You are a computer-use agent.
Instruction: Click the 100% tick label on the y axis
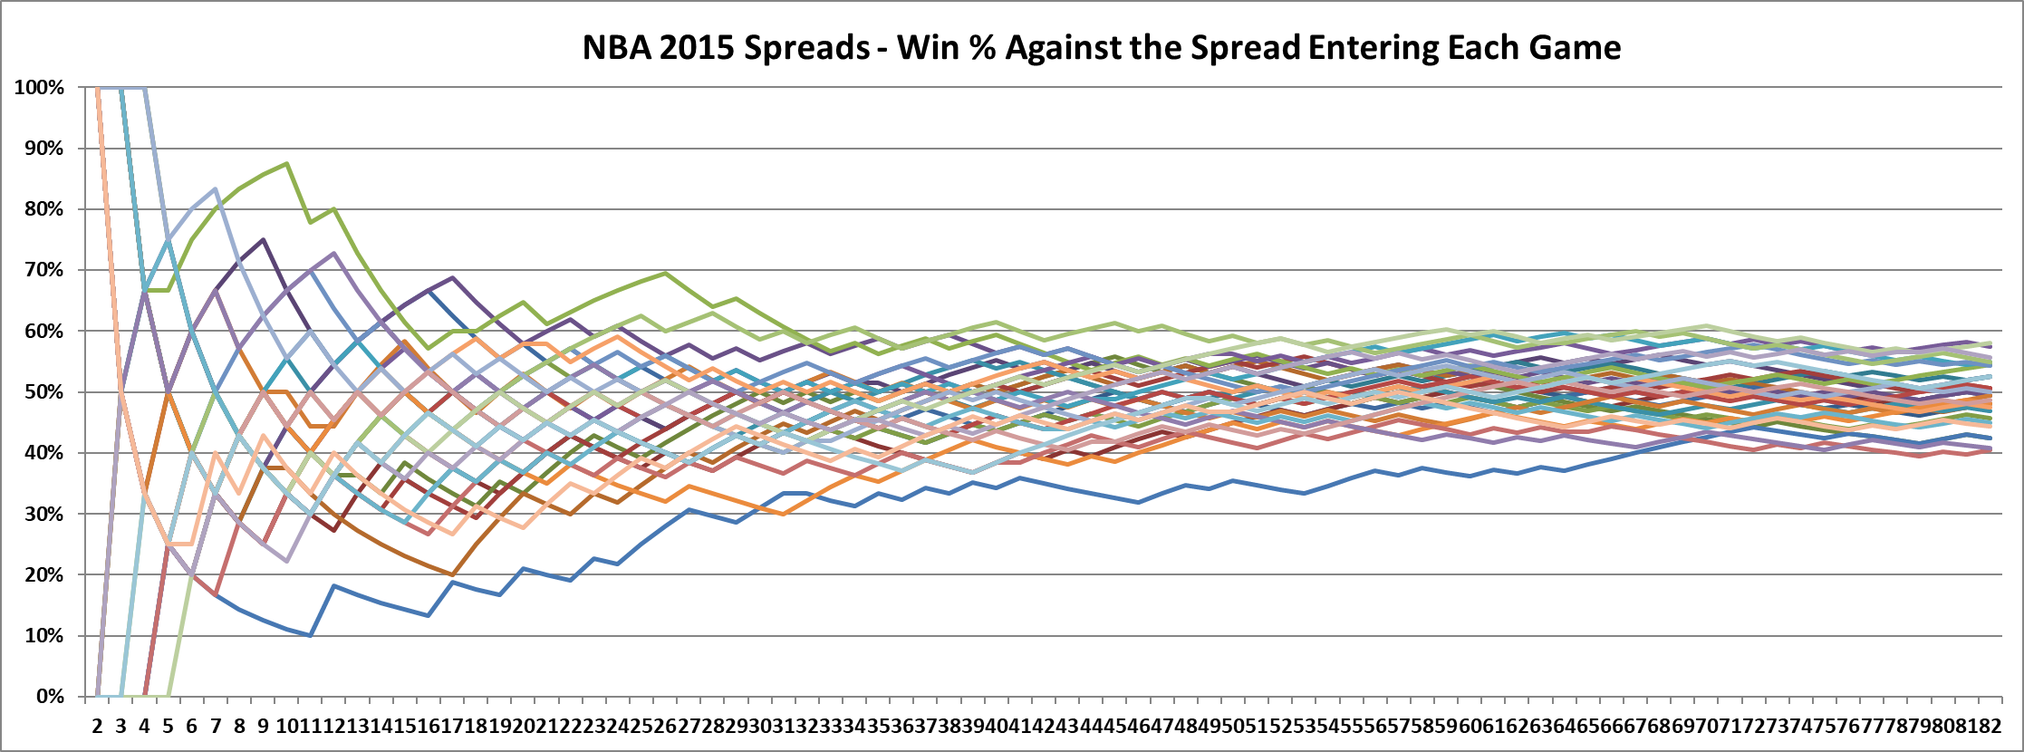(x=39, y=88)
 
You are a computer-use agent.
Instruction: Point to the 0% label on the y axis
(x=49, y=697)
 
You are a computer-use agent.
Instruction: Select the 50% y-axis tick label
(x=43, y=392)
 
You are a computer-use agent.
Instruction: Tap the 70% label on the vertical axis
(x=43, y=270)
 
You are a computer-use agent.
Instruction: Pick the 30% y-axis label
(x=43, y=514)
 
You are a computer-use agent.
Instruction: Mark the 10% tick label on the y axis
(x=43, y=636)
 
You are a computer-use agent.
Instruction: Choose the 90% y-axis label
(x=43, y=149)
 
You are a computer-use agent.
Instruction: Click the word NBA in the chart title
(x=616, y=47)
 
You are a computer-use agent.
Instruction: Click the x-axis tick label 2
(x=97, y=726)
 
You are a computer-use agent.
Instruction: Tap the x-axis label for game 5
(x=168, y=726)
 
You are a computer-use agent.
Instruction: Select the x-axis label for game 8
(x=239, y=726)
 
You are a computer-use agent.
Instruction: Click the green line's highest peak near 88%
(x=286, y=164)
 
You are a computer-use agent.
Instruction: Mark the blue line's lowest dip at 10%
(x=310, y=635)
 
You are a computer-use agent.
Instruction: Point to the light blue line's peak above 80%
(x=215, y=189)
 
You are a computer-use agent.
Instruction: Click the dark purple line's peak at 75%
(x=263, y=240)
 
